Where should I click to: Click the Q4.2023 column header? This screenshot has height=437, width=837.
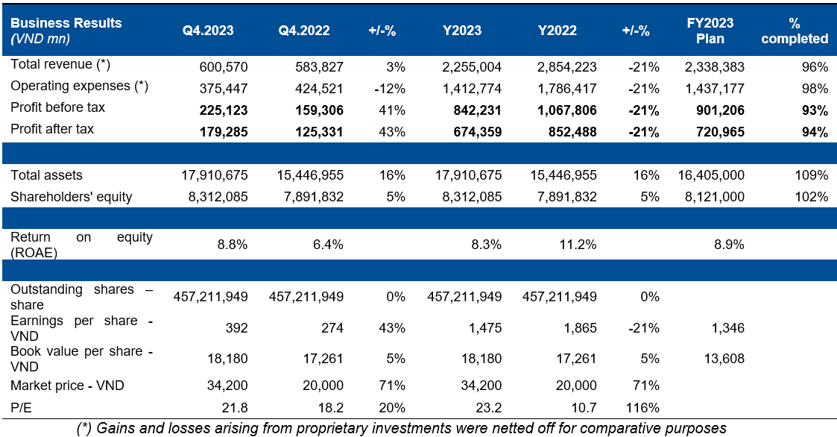click(208, 31)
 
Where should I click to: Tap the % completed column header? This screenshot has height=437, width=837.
click(798, 31)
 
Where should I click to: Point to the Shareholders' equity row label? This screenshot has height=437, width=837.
click(72, 197)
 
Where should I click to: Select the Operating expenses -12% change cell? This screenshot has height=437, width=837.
click(391, 89)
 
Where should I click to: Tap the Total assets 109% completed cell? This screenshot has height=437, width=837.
click(812, 175)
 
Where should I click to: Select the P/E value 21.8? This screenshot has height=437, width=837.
click(234, 408)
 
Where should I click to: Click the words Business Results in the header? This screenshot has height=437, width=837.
click(66, 23)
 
